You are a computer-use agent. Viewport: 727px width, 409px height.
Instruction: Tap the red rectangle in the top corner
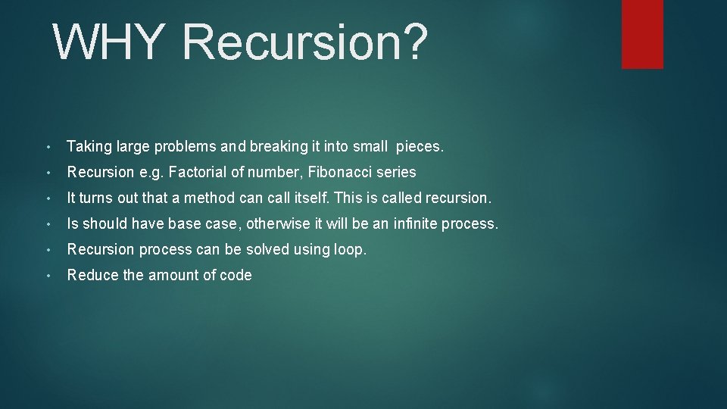pyautogui.click(x=642, y=33)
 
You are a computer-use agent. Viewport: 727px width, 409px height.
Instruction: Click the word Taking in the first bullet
pyautogui.click(x=89, y=146)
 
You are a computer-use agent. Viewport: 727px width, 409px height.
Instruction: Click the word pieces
pyautogui.click(x=420, y=146)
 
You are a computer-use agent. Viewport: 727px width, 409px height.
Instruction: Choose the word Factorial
pyautogui.click(x=198, y=172)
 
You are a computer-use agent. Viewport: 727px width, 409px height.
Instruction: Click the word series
pyautogui.click(x=396, y=172)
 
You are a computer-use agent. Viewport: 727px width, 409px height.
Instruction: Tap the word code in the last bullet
pyautogui.click(x=236, y=275)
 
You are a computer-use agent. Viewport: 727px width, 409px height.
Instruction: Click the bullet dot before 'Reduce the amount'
pyautogui.click(x=48, y=276)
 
